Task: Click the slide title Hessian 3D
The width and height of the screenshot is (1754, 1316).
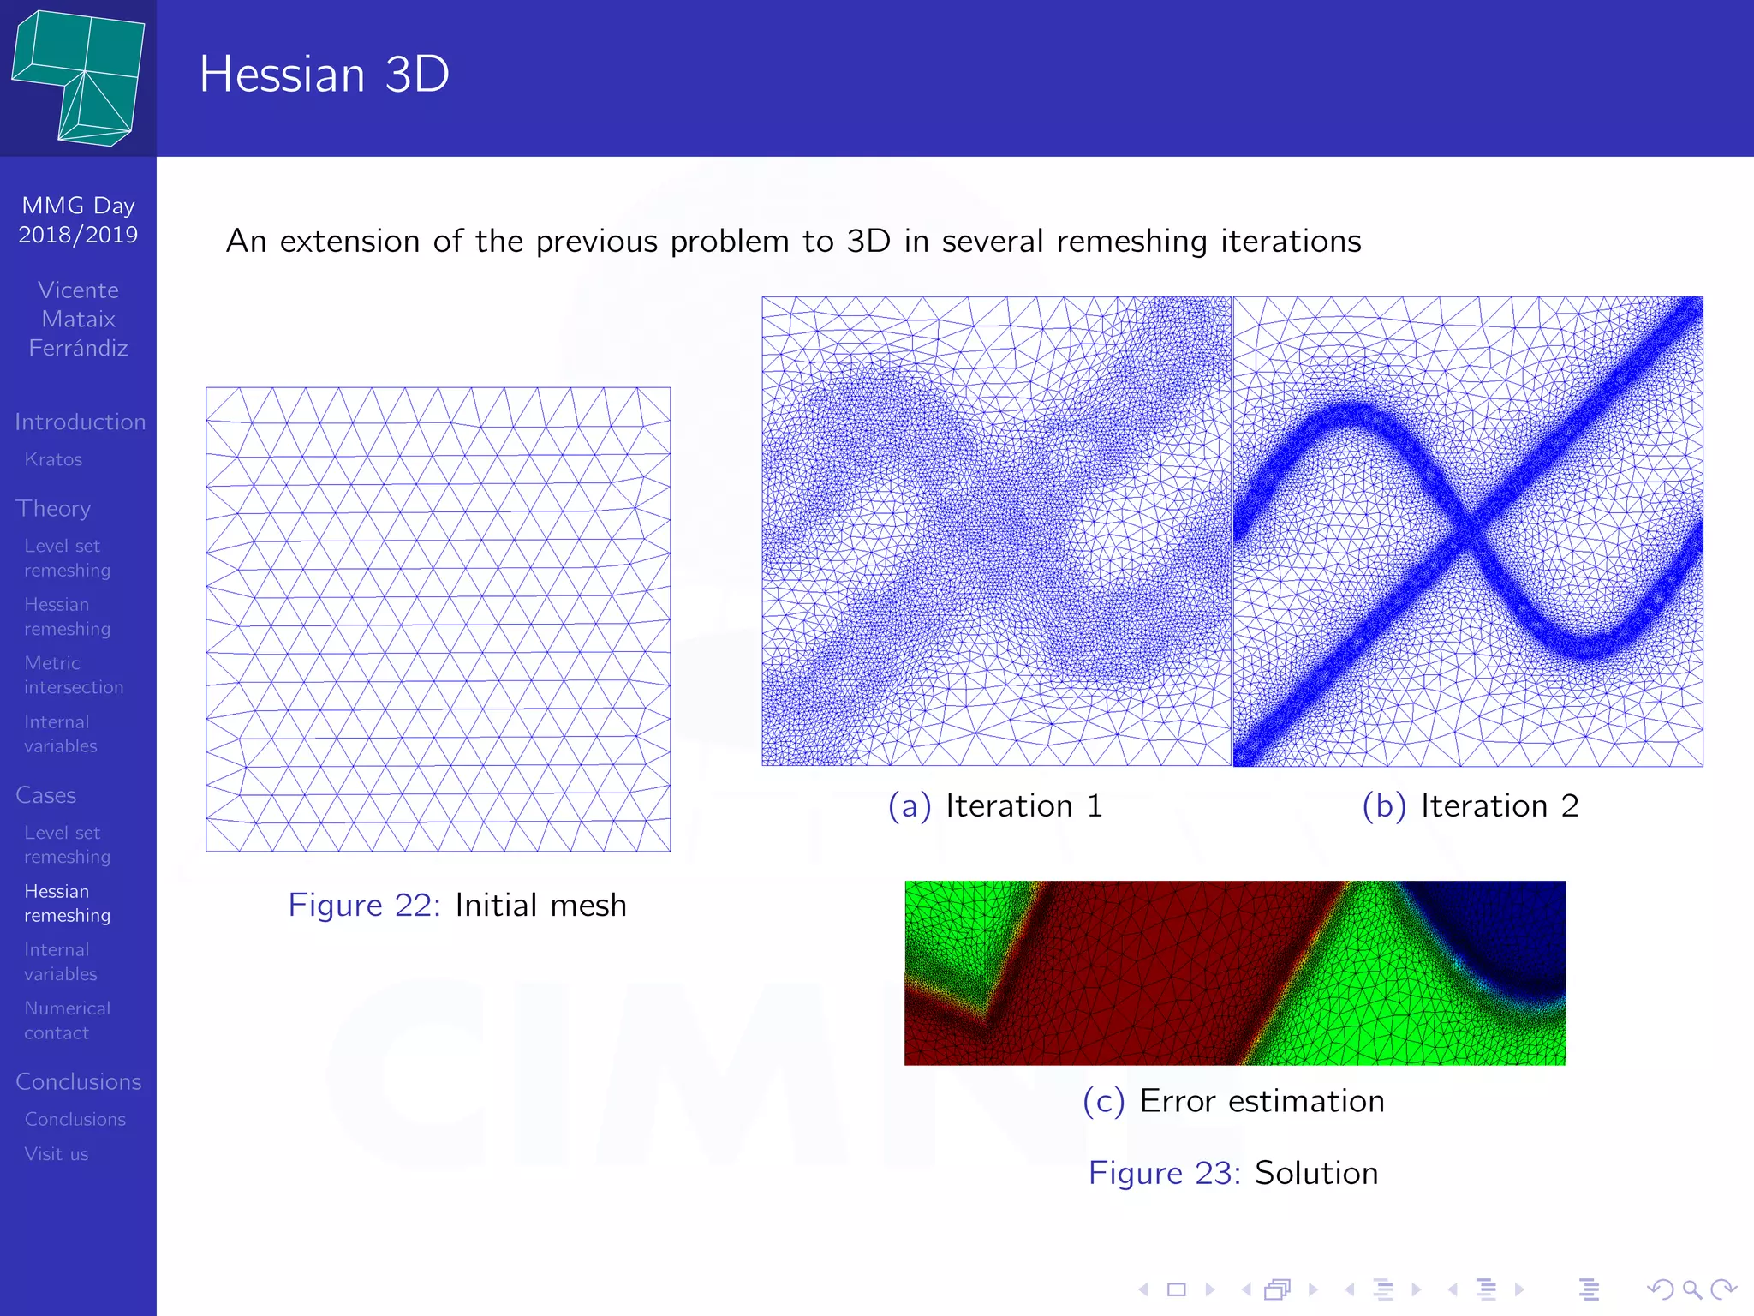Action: point(324,75)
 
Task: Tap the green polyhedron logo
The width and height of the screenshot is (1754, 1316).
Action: point(79,79)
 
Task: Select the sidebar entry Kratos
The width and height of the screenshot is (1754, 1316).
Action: point(53,459)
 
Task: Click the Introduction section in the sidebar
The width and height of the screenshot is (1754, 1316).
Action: point(80,422)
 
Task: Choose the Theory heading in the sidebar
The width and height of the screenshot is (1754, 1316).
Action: point(53,508)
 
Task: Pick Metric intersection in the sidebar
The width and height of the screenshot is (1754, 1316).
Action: point(74,675)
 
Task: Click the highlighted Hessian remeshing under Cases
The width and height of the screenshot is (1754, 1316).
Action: point(67,903)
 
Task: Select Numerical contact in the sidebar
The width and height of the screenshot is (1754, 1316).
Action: point(67,1020)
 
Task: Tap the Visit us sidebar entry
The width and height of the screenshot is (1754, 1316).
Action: point(57,1154)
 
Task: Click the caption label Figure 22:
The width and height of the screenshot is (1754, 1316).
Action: point(364,906)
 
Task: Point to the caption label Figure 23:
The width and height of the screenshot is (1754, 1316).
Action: point(1164,1173)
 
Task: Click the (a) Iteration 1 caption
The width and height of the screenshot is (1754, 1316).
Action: point(995,806)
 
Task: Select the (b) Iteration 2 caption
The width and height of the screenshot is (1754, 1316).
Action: point(1470,806)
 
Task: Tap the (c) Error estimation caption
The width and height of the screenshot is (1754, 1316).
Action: point(1233,1101)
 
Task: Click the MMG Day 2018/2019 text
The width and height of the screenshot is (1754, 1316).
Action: point(78,220)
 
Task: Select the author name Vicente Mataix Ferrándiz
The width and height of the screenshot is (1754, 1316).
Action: point(78,319)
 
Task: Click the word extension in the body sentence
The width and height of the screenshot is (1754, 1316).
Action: point(351,242)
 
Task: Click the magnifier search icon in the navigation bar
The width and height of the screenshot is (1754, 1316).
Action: point(1691,1289)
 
